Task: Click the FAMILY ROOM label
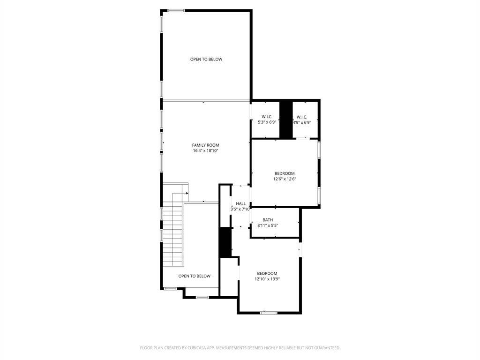tap(205, 145)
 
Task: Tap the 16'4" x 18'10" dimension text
tap(205, 150)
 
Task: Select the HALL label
tap(240, 203)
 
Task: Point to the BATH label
tap(268, 220)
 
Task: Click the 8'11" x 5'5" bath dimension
tap(268, 225)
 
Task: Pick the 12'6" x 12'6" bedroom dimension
tap(285, 179)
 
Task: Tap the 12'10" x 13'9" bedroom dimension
tap(267, 279)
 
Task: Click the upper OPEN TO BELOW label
tap(206, 59)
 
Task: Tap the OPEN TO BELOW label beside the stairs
tap(195, 276)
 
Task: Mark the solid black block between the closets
tap(286, 120)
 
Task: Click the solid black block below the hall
tap(225, 242)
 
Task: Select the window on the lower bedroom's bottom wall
tap(269, 313)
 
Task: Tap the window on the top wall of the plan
tap(176, 11)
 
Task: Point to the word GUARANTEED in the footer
tap(329, 348)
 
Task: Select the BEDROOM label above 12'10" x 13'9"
tap(267, 273)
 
